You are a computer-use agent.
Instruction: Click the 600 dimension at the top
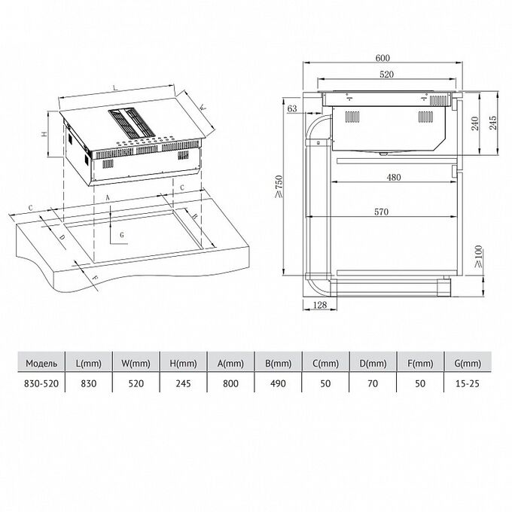pos(382,58)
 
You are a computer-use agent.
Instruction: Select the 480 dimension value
pos(394,177)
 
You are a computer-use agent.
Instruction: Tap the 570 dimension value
pos(382,212)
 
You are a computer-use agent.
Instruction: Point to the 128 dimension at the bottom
pos(320,305)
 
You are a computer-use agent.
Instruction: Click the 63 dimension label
pos(292,108)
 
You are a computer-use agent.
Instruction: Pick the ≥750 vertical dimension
pos(279,187)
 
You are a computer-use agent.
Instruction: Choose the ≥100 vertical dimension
pos(477,257)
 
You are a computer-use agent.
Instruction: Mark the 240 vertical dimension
pos(475,123)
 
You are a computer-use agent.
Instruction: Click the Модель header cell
pos(41,363)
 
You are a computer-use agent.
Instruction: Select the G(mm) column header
pos(468,363)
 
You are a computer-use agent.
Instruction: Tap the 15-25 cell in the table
pos(468,383)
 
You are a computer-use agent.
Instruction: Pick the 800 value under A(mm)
pos(231,383)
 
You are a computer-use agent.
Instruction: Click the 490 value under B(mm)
pos(278,383)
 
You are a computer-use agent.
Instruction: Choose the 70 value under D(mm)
pos(373,383)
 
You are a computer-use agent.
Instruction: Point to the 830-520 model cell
pos(41,383)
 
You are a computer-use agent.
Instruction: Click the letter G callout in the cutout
pos(122,235)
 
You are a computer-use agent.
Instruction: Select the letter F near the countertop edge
pos(95,278)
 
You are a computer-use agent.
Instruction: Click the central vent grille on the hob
pos(131,123)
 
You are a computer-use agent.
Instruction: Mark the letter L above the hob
pos(114,87)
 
